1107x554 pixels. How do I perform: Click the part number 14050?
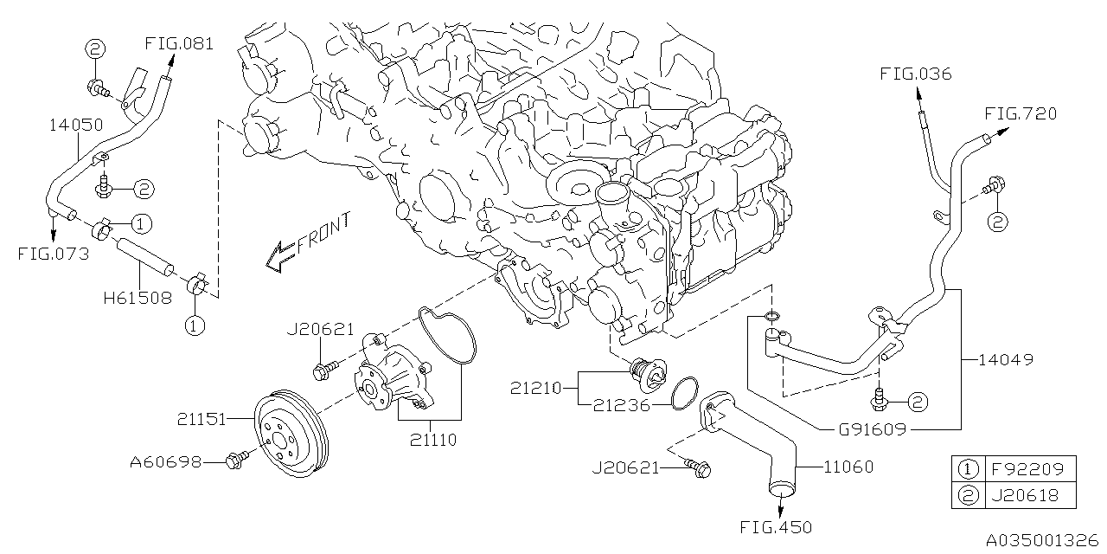coord(75,125)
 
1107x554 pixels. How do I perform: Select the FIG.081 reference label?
coord(179,43)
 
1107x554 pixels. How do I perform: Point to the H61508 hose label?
coord(137,297)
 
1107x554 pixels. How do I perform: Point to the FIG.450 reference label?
coord(776,526)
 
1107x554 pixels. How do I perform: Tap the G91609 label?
coord(872,428)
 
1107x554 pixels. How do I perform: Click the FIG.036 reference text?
coord(915,74)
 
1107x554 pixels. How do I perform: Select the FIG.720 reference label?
coord(1020,113)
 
